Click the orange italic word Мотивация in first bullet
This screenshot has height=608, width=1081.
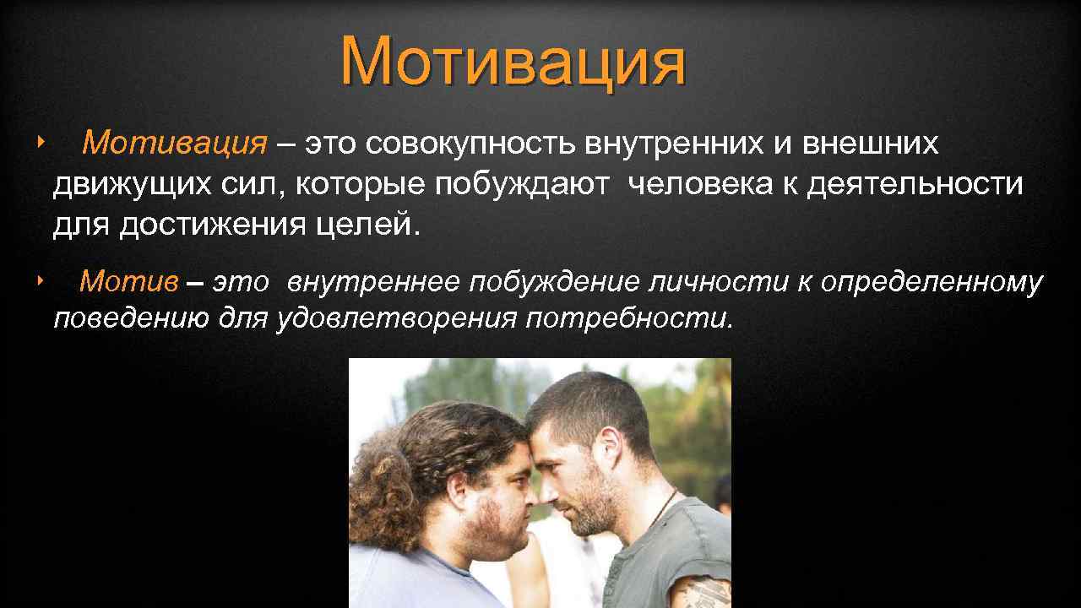tap(174, 144)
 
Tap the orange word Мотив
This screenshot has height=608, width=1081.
tap(128, 282)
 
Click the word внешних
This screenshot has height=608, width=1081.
tap(869, 144)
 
